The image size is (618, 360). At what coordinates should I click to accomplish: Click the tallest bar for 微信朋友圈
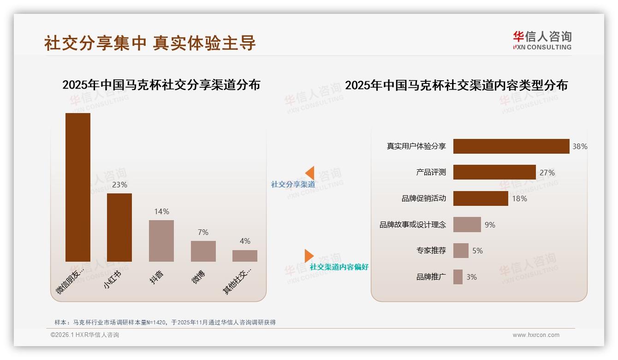tap(78, 187)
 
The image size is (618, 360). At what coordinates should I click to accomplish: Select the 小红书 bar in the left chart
tap(119, 227)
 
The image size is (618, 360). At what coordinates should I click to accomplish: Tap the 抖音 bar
tap(161, 240)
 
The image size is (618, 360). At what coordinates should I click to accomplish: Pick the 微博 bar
tap(203, 251)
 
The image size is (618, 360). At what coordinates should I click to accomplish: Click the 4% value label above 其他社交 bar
tap(245, 241)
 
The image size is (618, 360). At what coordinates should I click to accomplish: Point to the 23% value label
tap(119, 185)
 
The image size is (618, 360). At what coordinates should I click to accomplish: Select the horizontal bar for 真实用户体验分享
tap(511, 146)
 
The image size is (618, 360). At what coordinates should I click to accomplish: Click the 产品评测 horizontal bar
tap(494, 172)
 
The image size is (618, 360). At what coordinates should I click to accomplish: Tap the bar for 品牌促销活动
tap(481, 198)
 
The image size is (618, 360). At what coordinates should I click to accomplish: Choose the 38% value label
tap(580, 146)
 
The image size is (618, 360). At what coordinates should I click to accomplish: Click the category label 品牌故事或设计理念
tap(413, 225)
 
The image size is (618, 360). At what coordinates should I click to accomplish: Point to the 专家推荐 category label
tap(431, 251)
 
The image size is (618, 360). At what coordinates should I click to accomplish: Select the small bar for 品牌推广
tap(458, 277)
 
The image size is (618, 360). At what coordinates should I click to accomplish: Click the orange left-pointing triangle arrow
tap(309, 173)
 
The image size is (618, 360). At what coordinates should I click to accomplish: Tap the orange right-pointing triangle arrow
tap(309, 256)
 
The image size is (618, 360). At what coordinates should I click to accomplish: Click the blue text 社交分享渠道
tap(293, 185)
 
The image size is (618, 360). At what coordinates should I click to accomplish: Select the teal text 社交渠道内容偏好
tap(339, 267)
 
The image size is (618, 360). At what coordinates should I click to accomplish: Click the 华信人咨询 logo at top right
tap(542, 40)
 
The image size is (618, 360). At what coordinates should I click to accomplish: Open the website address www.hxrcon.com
tap(536, 335)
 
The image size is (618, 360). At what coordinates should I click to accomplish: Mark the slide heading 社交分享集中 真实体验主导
tap(150, 43)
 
